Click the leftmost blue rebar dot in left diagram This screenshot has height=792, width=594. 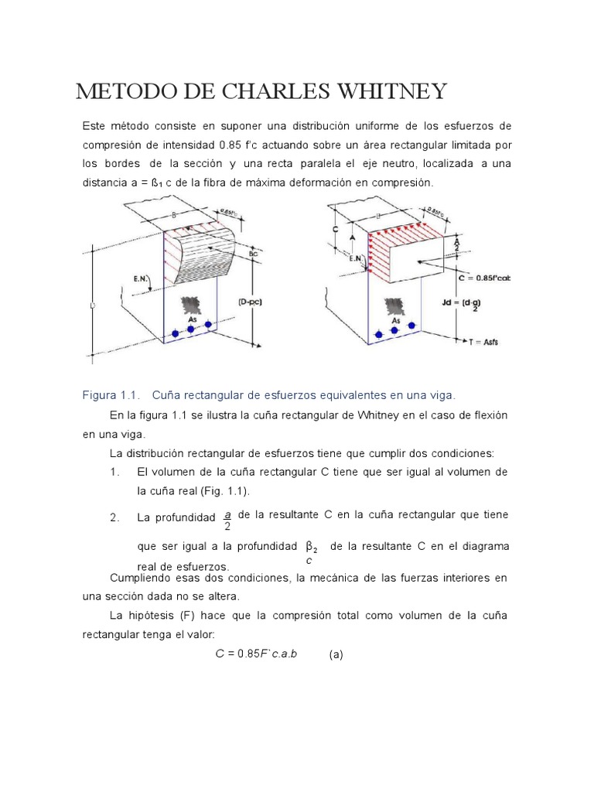[x=175, y=333]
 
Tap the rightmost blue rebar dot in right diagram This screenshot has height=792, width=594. [x=412, y=326]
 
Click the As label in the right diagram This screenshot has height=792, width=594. [x=395, y=320]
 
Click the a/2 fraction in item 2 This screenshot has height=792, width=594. [x=227, y=521]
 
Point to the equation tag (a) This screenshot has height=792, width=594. [x=335, y=654]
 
